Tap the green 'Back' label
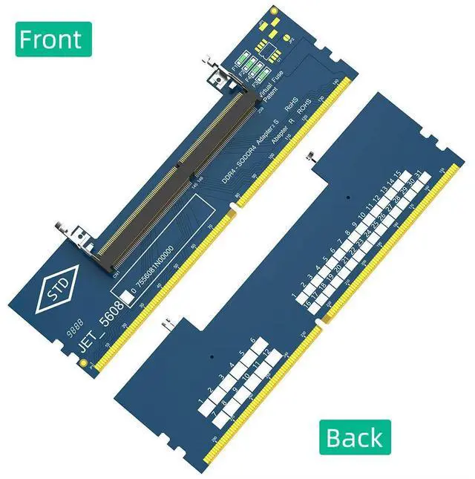click(x=355, y=437)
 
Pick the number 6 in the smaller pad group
click(x=254, y=341)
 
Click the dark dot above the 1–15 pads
click(x=348, y=198)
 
